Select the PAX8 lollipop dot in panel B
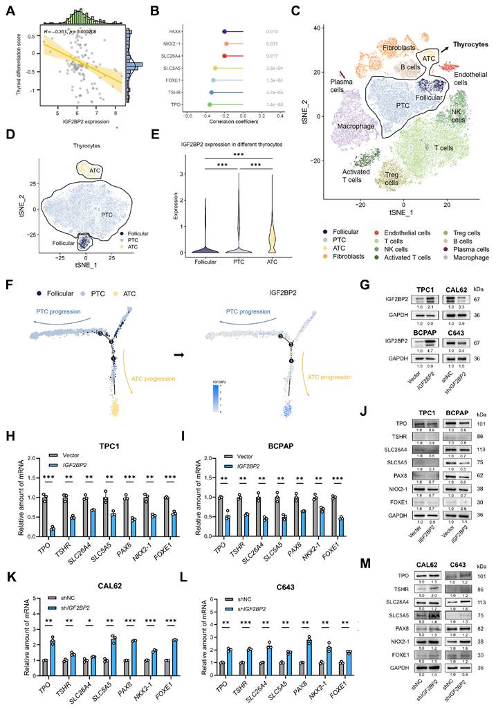point(224,31)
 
